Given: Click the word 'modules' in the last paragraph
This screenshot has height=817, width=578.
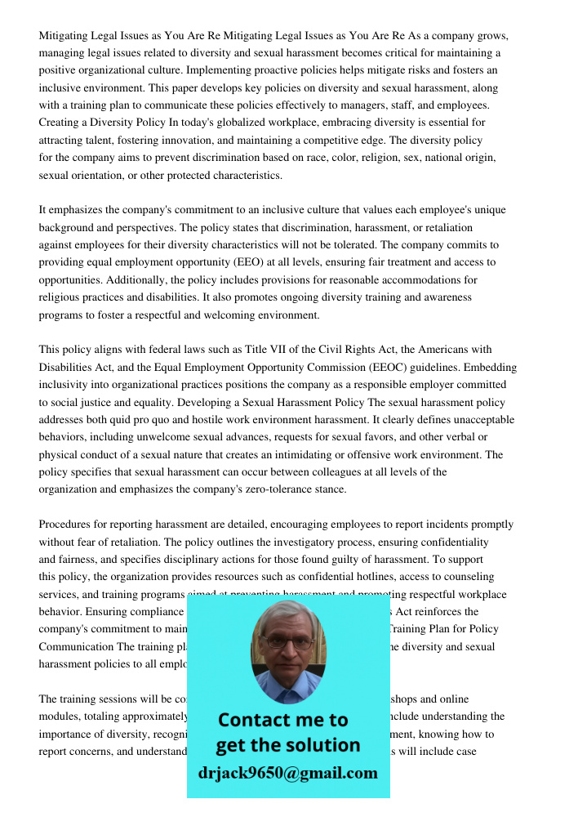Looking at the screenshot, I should pos(58,717).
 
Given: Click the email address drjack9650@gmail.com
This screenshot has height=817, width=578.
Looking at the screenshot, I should pos(287,773).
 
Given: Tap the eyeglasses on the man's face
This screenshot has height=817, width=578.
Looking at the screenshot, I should pos(287,642).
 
